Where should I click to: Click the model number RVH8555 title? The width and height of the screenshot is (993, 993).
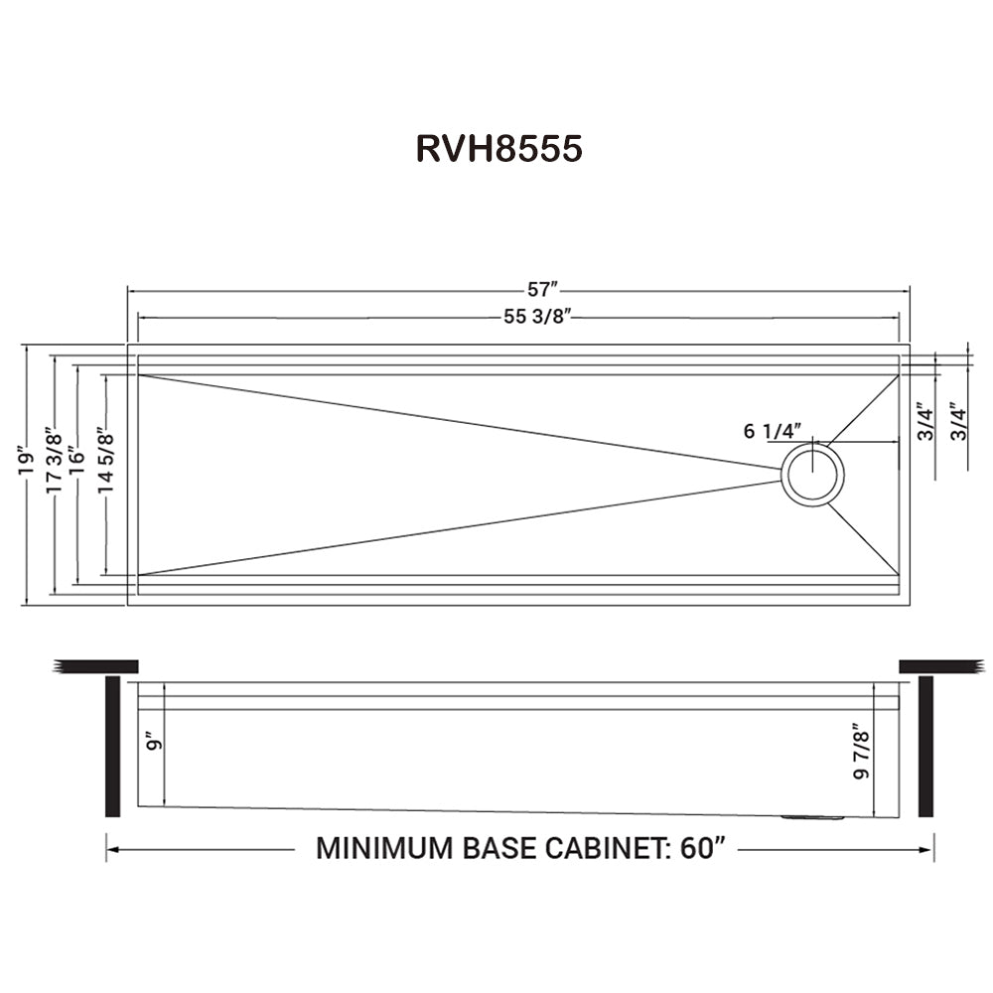click(x=499, y=149)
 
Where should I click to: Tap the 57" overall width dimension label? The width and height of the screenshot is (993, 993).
click(x=542, y=289)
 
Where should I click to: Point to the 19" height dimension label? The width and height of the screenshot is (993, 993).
click(x=25, y=464)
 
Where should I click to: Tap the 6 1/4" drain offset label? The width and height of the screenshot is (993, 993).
click(x=773, y=431)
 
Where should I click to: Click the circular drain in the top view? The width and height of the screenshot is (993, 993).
click(x=813, y=475)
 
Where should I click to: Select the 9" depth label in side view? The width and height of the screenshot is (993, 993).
click(x=153, y=742)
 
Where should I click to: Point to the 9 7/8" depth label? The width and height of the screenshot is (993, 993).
click(x=861, y=751)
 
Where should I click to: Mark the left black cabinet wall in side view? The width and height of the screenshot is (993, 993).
click(x=113, y=747)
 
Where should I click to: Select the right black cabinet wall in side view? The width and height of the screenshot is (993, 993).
click(x=925, y=747)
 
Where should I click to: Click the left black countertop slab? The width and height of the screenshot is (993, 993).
click(x=95, y=666)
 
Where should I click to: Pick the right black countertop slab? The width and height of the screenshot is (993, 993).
click(x=942, y=666)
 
